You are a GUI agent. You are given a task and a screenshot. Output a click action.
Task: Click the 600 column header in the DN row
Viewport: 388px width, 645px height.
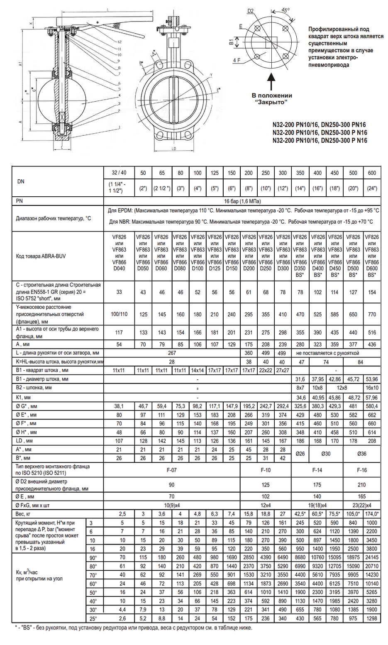click(372, 173)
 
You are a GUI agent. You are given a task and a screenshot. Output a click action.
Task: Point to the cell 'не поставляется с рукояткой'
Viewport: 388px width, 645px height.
click(327, 353)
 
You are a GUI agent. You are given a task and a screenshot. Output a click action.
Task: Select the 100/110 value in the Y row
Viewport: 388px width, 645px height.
click(119, 314)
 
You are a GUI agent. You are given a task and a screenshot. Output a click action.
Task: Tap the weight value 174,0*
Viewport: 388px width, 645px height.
click(372, 514)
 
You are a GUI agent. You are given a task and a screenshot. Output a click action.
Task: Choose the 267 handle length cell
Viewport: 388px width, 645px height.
click(171, 353)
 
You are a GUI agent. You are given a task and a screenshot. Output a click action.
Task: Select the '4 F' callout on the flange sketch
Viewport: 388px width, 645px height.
click(237, 60)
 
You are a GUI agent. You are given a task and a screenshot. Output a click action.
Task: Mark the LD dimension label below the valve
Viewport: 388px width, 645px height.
click(174, 148)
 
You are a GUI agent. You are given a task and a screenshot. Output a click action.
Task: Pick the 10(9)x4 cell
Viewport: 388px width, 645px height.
click(171, 505)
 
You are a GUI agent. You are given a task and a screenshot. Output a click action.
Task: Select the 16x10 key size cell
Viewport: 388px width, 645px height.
click(372, 387)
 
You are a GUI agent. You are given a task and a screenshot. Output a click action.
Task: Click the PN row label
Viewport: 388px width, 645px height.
click(20, 200)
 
